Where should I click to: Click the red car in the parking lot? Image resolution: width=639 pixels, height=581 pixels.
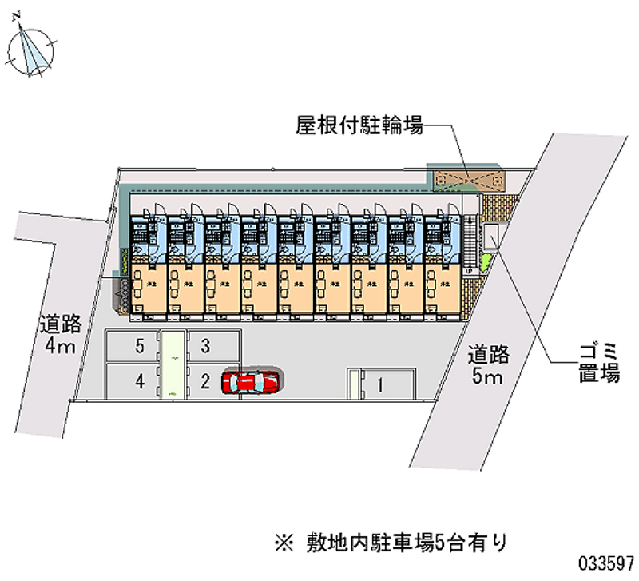tap(252, 382)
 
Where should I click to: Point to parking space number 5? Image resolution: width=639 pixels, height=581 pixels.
tap(140, 346)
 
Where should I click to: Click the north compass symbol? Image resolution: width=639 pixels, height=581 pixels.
tap(31, 50)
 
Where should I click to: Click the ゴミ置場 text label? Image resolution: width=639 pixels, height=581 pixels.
tap(600, 363)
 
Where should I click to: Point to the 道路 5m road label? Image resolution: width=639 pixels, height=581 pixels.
tap(488, 364)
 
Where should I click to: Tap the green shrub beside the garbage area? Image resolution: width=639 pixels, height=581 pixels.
tap(485, 261)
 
